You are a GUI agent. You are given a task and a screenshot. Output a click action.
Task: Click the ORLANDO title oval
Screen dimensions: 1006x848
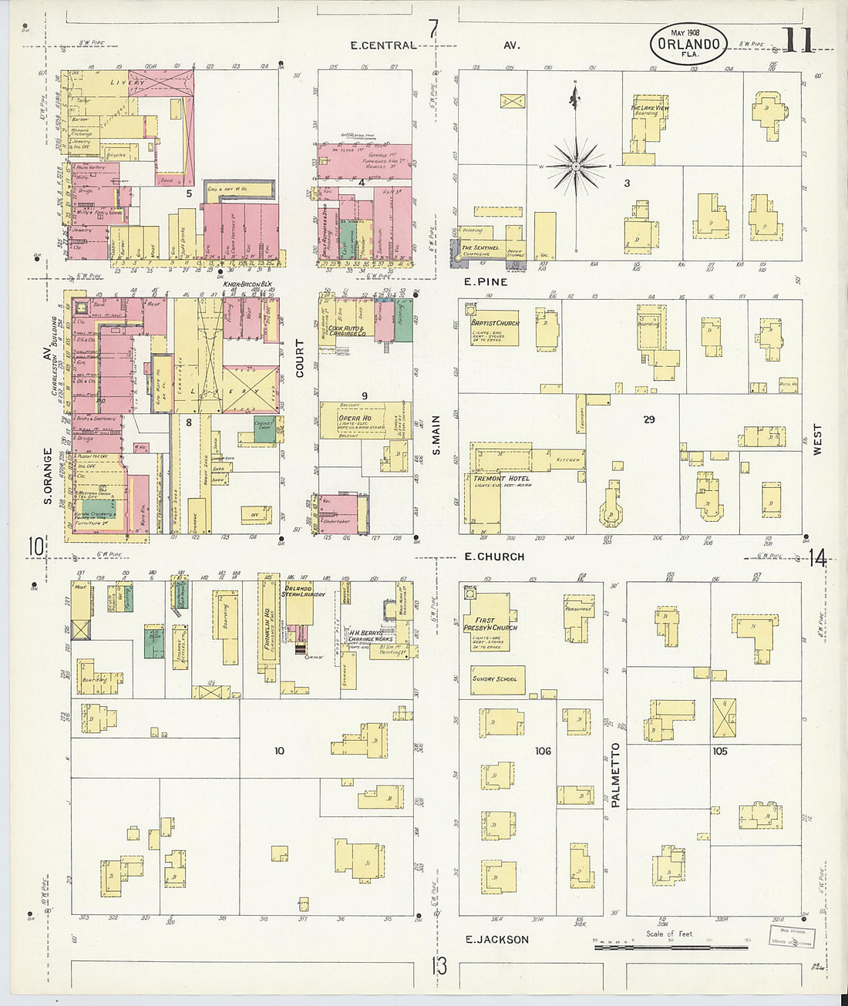(688, 43)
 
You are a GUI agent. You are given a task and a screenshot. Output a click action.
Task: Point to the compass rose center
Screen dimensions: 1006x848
(576, 166)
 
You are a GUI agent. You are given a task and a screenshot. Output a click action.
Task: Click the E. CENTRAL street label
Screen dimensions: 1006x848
(383, 45)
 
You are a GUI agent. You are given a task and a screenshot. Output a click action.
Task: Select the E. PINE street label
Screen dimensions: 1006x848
(486, 282)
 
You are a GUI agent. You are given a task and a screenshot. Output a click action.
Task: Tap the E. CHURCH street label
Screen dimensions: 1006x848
(494, 557)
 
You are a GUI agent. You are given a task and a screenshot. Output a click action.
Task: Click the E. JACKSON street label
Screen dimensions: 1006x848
(497, 940)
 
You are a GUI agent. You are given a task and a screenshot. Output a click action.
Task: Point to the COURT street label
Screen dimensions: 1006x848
(300, 358)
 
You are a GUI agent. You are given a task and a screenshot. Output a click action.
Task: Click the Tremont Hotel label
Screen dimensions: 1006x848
(501, 479)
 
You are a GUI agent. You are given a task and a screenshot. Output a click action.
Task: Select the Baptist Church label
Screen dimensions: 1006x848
(495, 323)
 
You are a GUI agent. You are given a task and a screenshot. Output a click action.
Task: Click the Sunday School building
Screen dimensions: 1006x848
(497, 679)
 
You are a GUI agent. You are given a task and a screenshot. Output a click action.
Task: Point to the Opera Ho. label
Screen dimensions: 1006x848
(355, 419)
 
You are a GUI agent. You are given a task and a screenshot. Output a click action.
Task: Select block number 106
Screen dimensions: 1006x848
(543, 751)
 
